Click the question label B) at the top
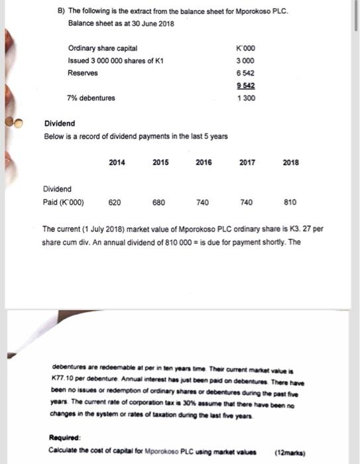[62, 12]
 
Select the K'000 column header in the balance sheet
[245, 48]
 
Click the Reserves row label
[83, 73]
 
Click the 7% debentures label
[91, 98]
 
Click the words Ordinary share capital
[103, 48]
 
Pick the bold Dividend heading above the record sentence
[60, 124]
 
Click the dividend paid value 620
[114, 202]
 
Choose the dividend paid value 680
[158, 202]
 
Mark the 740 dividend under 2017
[246, 202]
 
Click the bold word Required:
[64, 438]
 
